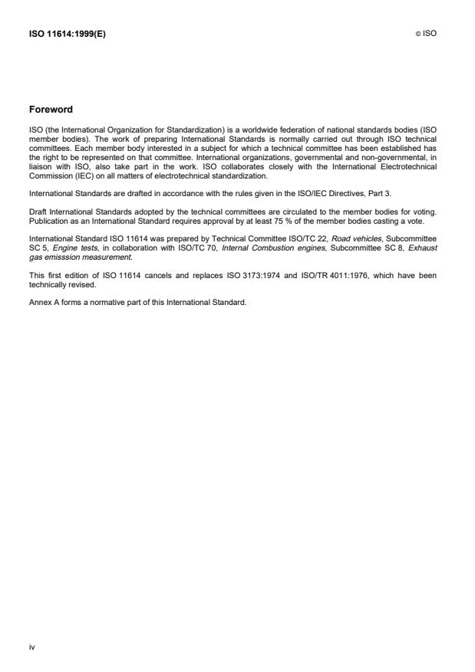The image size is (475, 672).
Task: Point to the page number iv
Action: tap(31, 647)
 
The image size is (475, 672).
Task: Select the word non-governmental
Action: tap(397, 159)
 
